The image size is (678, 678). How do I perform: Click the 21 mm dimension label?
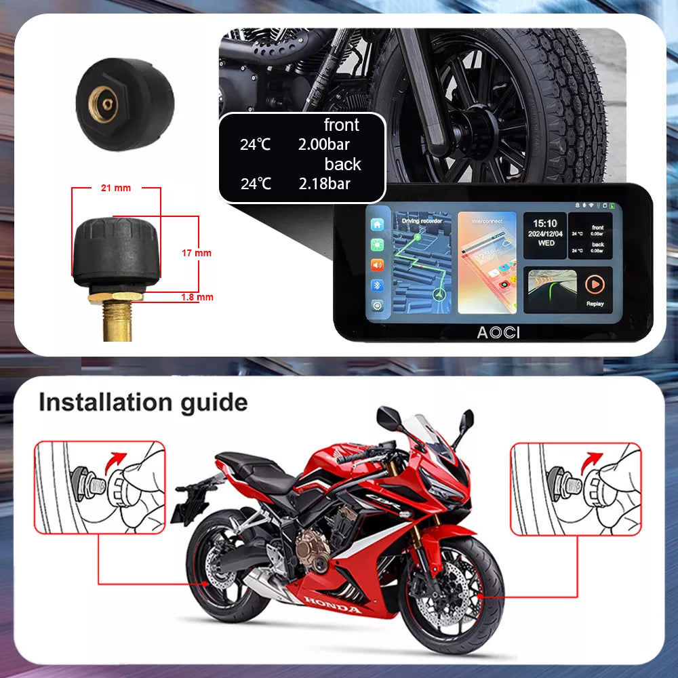point(115,188)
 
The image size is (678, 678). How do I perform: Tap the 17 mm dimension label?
point(197,253)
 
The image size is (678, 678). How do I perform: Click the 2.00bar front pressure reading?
point(323,144)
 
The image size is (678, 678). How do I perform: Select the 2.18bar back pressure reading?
point(324,183)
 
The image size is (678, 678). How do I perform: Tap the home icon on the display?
point(377,224)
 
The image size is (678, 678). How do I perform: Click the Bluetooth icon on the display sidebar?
point(377,285)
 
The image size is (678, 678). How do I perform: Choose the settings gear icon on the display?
point(377,305)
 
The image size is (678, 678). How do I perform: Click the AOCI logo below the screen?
point(494,332)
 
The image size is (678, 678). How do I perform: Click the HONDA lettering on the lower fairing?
point(332,605)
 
